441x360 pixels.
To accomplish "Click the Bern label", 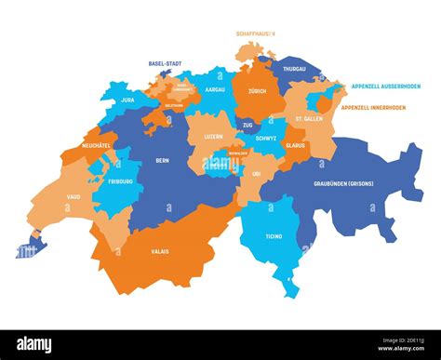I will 162,159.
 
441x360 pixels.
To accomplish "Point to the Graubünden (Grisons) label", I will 343,184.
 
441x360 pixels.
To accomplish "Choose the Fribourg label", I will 124,180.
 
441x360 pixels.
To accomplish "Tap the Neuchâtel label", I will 98,147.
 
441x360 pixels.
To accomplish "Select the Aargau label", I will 214,88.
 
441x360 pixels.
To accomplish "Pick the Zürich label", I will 257,92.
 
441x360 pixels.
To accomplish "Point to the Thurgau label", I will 294,68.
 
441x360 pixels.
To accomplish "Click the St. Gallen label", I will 310,119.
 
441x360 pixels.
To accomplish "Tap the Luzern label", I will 214,136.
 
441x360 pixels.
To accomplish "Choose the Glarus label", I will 295,145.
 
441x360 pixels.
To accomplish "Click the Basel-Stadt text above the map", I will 165,63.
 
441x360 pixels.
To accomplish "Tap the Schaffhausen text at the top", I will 257,33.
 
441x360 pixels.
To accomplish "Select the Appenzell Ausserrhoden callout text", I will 385,86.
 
